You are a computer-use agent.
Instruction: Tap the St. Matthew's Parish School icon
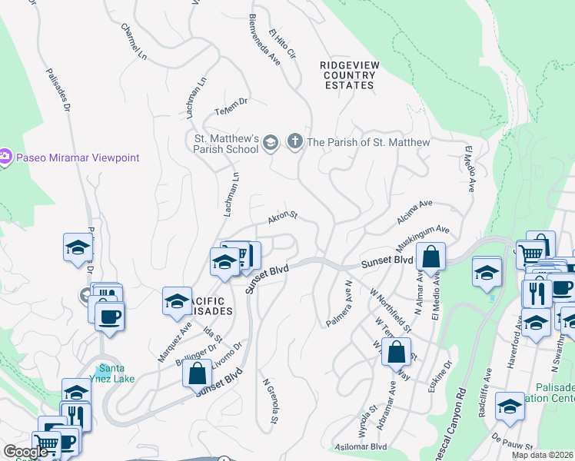click(x=270, y=142)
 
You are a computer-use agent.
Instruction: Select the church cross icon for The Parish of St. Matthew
click(x=294, y=141)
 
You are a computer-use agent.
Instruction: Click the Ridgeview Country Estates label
click(x=349, y=75)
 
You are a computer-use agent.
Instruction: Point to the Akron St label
click(x=282, y=220)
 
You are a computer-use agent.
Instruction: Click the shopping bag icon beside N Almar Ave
click(x=432, y=256)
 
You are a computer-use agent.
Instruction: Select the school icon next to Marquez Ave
click(x=177, y=300)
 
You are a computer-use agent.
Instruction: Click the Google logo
click(x=26, y=452)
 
